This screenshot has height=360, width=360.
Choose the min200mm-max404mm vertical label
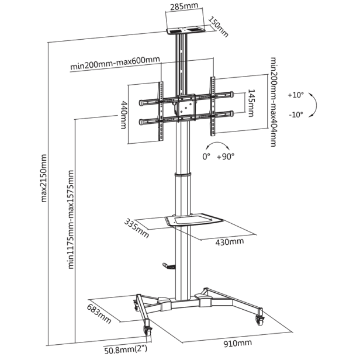[x=272, y=102]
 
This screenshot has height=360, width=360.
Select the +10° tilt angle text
[x=296, y=95]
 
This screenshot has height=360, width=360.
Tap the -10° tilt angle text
[x=296, y=115]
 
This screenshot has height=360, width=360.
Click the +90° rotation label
[x=225, y=157]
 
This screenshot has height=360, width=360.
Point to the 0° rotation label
[x=206, y=157]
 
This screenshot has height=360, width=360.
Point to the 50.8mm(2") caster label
[x=126, y=351]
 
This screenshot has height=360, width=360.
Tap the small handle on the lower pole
[x=168, y=266]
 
